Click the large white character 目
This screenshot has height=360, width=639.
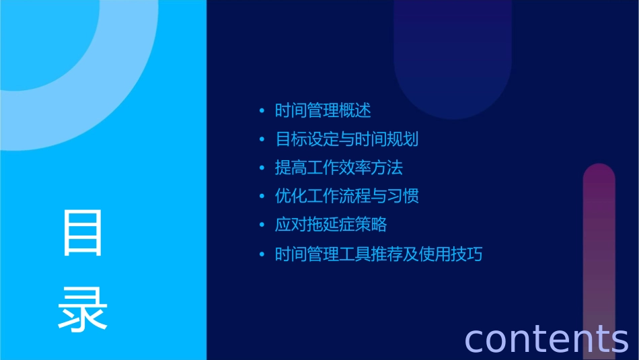(83, 233)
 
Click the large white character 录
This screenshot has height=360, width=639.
(83, 309)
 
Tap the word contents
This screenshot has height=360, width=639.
(546, 338)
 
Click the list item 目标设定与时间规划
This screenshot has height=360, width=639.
(347, 139)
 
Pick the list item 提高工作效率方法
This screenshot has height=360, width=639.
(339, 168)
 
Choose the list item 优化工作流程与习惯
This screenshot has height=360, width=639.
(347, 196)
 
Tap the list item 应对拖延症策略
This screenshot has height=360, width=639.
(331, 225)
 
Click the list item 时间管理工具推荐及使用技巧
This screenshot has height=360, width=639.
(379, 255)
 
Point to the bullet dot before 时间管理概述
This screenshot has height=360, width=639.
(262, 111)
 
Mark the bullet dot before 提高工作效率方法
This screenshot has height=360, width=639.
(262, 168)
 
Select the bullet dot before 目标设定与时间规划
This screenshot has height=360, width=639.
(262, 140)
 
